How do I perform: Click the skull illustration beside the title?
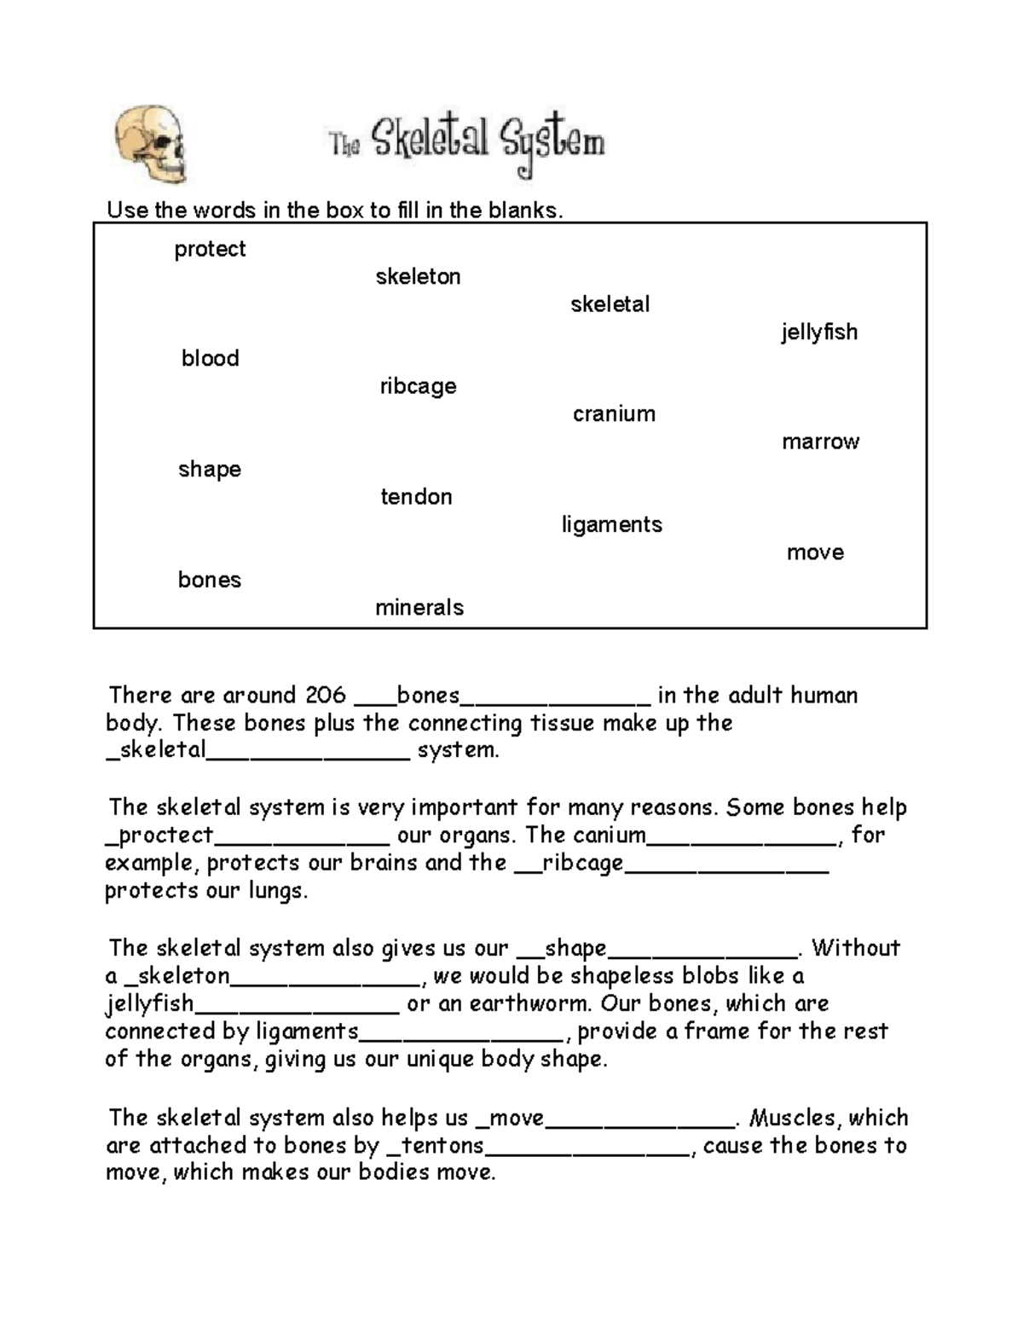tap(150, 144)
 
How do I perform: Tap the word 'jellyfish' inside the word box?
tap(819, 332)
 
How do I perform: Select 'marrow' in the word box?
tap(820, 442)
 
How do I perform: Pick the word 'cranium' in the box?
tap(614, 414)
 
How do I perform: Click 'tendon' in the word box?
tap(416, 497)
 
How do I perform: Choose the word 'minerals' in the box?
tap(419, 608)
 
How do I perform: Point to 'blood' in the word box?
tap(210, 358)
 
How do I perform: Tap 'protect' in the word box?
tap(210, 249)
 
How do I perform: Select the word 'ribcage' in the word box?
tap(418, 386)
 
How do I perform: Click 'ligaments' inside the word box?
tap(611, 524)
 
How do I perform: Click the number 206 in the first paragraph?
tap(326, 696)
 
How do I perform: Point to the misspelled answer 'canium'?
tap(609, 835)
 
